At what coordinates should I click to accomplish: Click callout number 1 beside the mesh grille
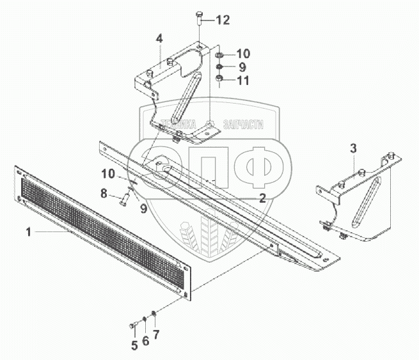click(29, 232)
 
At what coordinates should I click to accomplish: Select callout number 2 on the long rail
click(262, 198)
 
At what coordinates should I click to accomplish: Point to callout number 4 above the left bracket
click(159, 40)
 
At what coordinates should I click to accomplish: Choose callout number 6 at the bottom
click(145, 341)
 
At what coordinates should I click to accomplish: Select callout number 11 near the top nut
click(244, 80)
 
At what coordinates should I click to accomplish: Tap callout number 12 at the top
click(222, 20)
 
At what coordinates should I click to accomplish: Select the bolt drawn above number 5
click(134, 325)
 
